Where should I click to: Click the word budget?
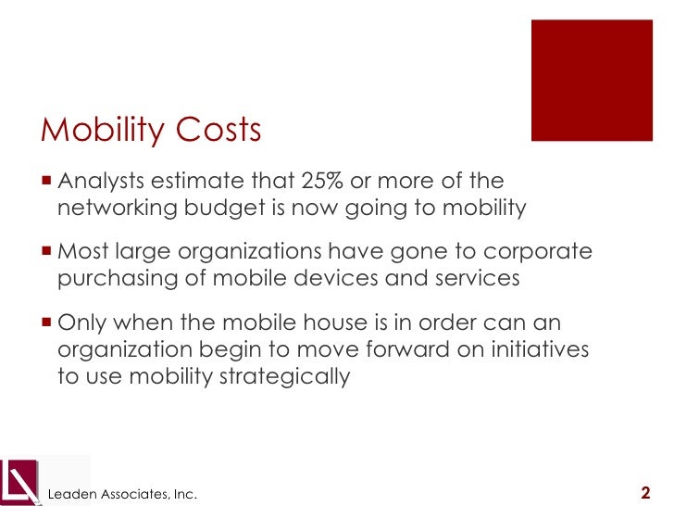click(224, 208)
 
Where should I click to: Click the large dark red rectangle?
click(591, 80)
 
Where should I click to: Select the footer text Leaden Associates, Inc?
click(122, 495)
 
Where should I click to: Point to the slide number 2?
click(645, 492)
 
